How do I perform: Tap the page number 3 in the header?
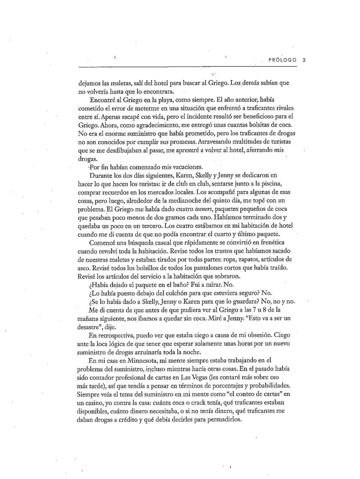[x=304, y=60]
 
